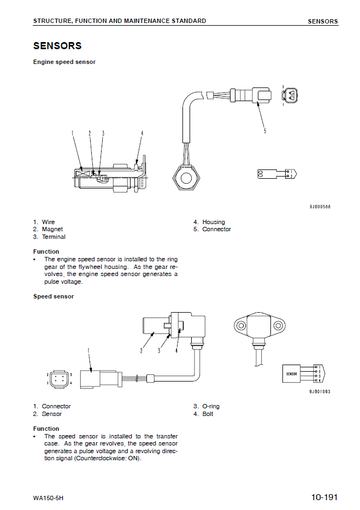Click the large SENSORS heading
(57, 46)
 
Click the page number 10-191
(324, 497)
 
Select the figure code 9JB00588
(320, 207)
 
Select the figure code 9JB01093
(320, 391)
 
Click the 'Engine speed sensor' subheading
(64, 62)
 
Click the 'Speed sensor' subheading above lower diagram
(53, 296)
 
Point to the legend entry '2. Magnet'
(48, 230)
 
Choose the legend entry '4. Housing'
(209, 222)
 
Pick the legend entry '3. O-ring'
(206, 406)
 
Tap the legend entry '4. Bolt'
(203, 414)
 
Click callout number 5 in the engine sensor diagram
(265, 131)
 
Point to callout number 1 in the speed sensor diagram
(88, 350)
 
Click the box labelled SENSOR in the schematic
(292, 374)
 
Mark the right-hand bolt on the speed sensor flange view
(278, 326)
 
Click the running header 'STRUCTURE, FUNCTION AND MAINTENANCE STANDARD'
(120, 21)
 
